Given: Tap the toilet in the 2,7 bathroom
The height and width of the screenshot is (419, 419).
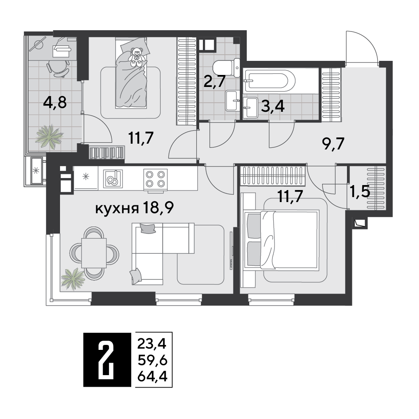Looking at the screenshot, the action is (x=227, y=68).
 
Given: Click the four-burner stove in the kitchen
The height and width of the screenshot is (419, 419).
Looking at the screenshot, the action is (x=155, y=179).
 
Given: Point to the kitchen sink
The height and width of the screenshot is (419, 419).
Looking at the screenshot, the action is (x=113, y=179).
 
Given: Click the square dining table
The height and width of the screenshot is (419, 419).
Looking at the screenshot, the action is (x=94, y=253).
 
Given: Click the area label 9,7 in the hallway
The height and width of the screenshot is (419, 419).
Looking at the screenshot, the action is (x=333, y=144).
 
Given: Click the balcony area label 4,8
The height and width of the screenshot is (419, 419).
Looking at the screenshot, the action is (x=55, y=103).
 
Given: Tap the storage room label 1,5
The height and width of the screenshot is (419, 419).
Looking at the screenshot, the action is (x=360, y=192).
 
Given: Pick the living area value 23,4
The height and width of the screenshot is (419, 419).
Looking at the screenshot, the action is (x=152, y=344).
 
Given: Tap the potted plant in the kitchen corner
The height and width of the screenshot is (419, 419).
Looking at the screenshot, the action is (x=73, y=279).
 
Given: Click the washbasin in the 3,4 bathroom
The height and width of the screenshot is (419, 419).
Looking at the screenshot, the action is (x=250, y=107).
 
